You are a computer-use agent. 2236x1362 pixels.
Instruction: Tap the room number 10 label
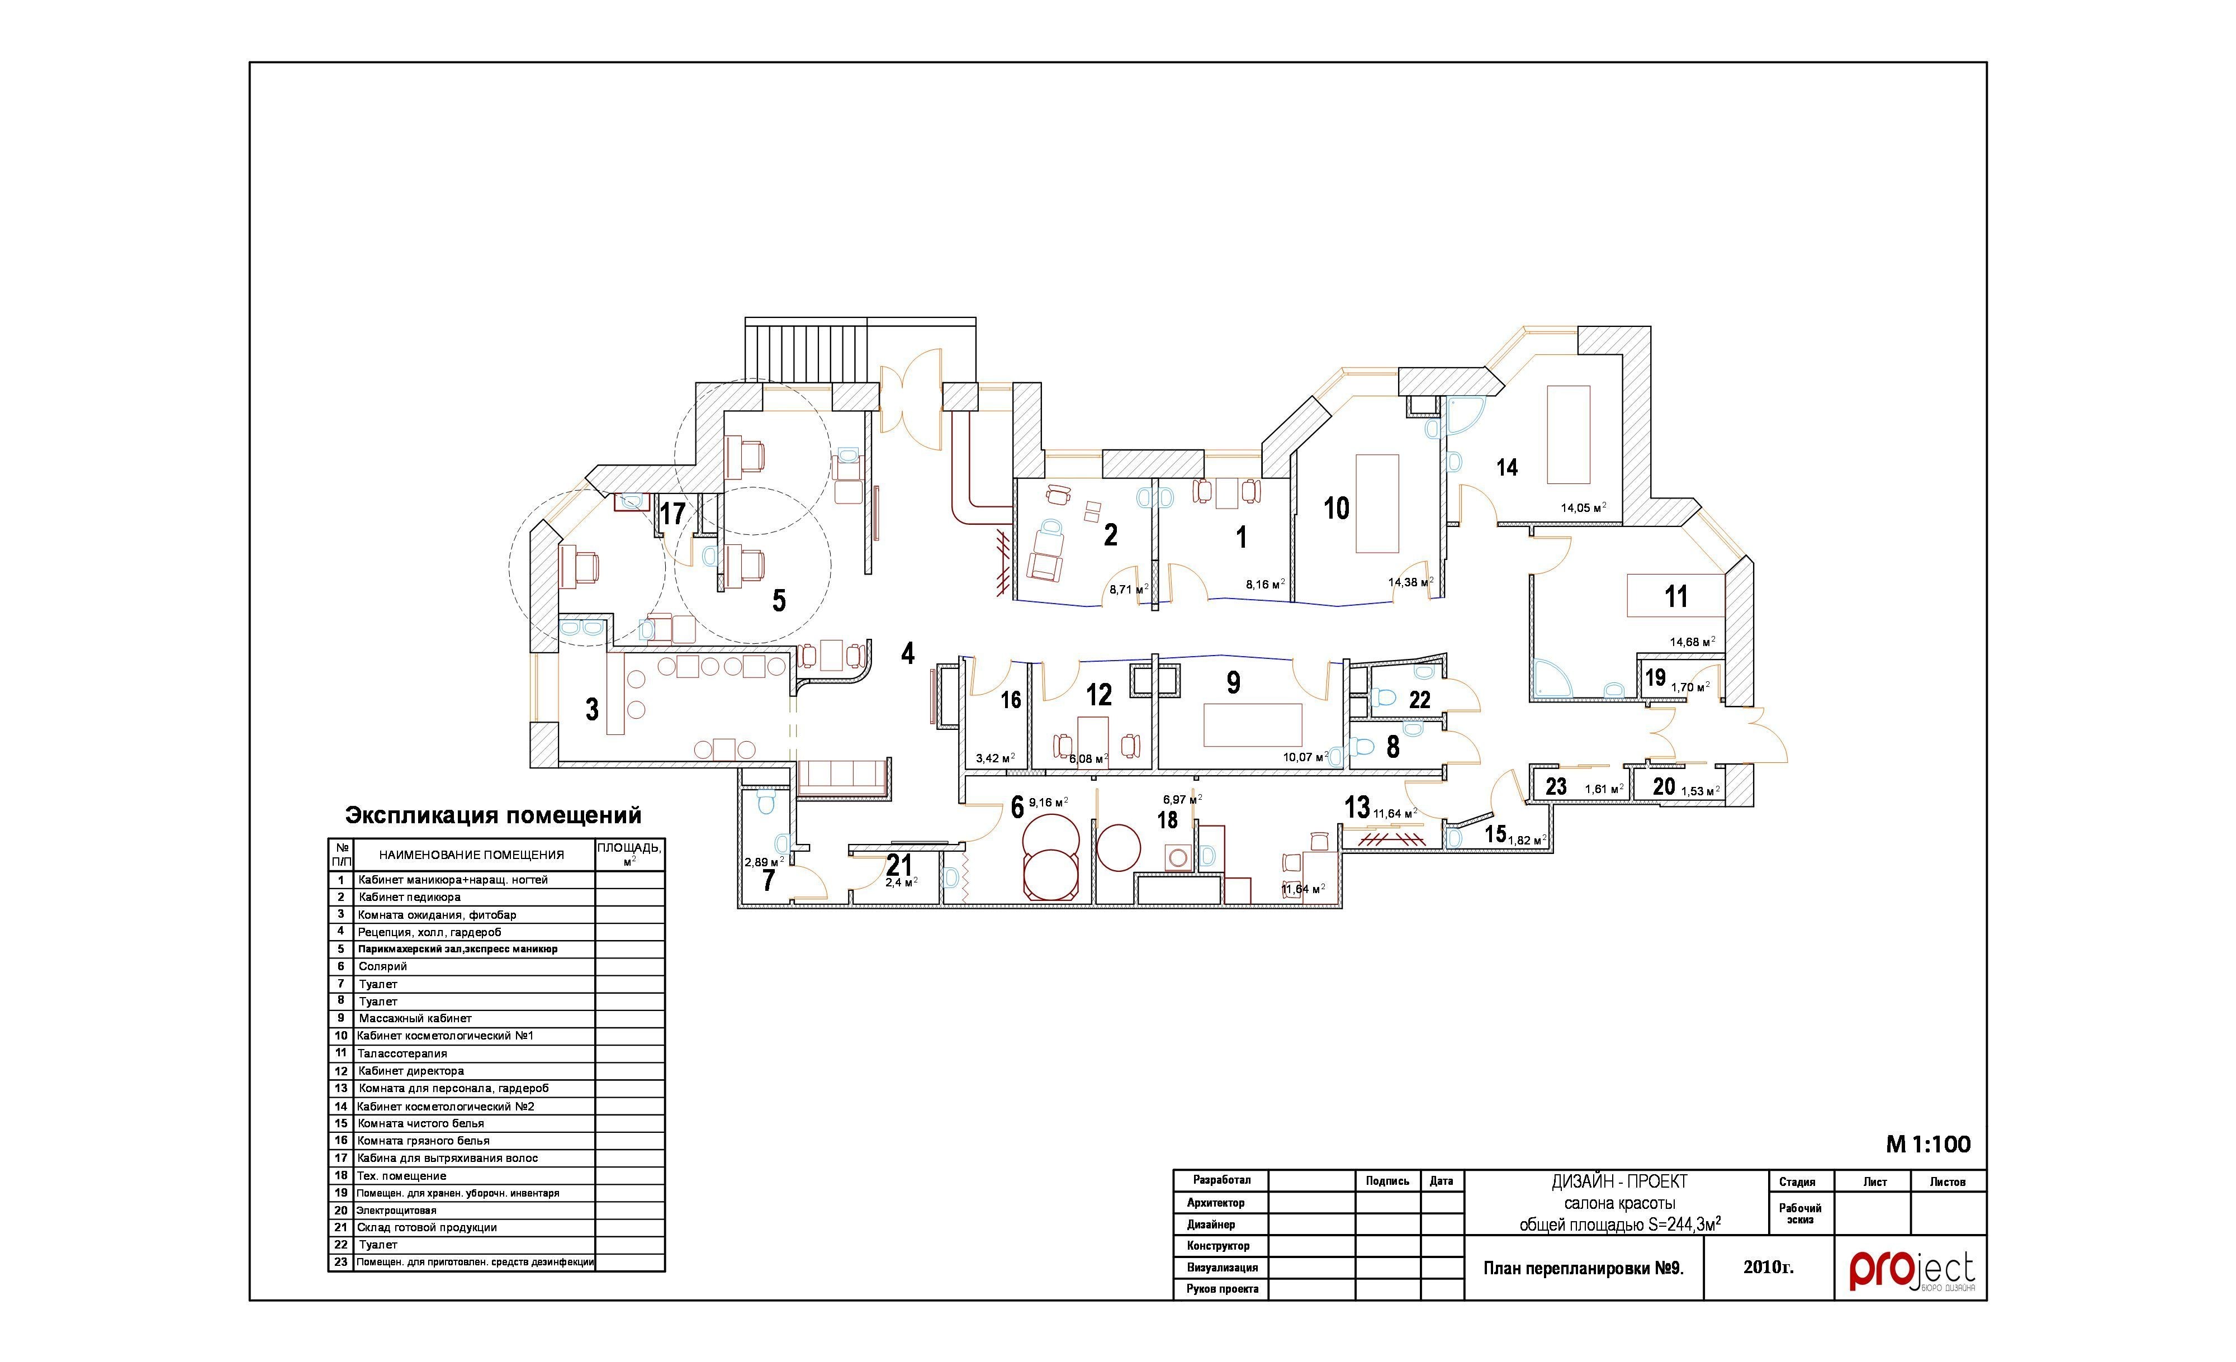1337,508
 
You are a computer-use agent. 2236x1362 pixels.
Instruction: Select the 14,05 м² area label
1584,507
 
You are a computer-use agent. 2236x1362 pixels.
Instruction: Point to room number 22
1419,700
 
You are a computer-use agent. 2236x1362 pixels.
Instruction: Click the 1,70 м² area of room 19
1690,687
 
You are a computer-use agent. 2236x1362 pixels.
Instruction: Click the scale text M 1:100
1929,1144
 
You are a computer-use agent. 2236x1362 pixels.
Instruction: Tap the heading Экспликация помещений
494,815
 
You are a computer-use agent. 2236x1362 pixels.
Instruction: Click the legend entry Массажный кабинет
415,1018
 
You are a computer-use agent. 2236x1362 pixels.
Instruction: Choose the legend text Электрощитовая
396,1211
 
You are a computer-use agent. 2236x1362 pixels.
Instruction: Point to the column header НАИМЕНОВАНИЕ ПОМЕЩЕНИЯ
472,855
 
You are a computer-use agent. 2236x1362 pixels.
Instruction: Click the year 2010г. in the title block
1769,1267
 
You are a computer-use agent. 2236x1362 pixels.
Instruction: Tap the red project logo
1912,1270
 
